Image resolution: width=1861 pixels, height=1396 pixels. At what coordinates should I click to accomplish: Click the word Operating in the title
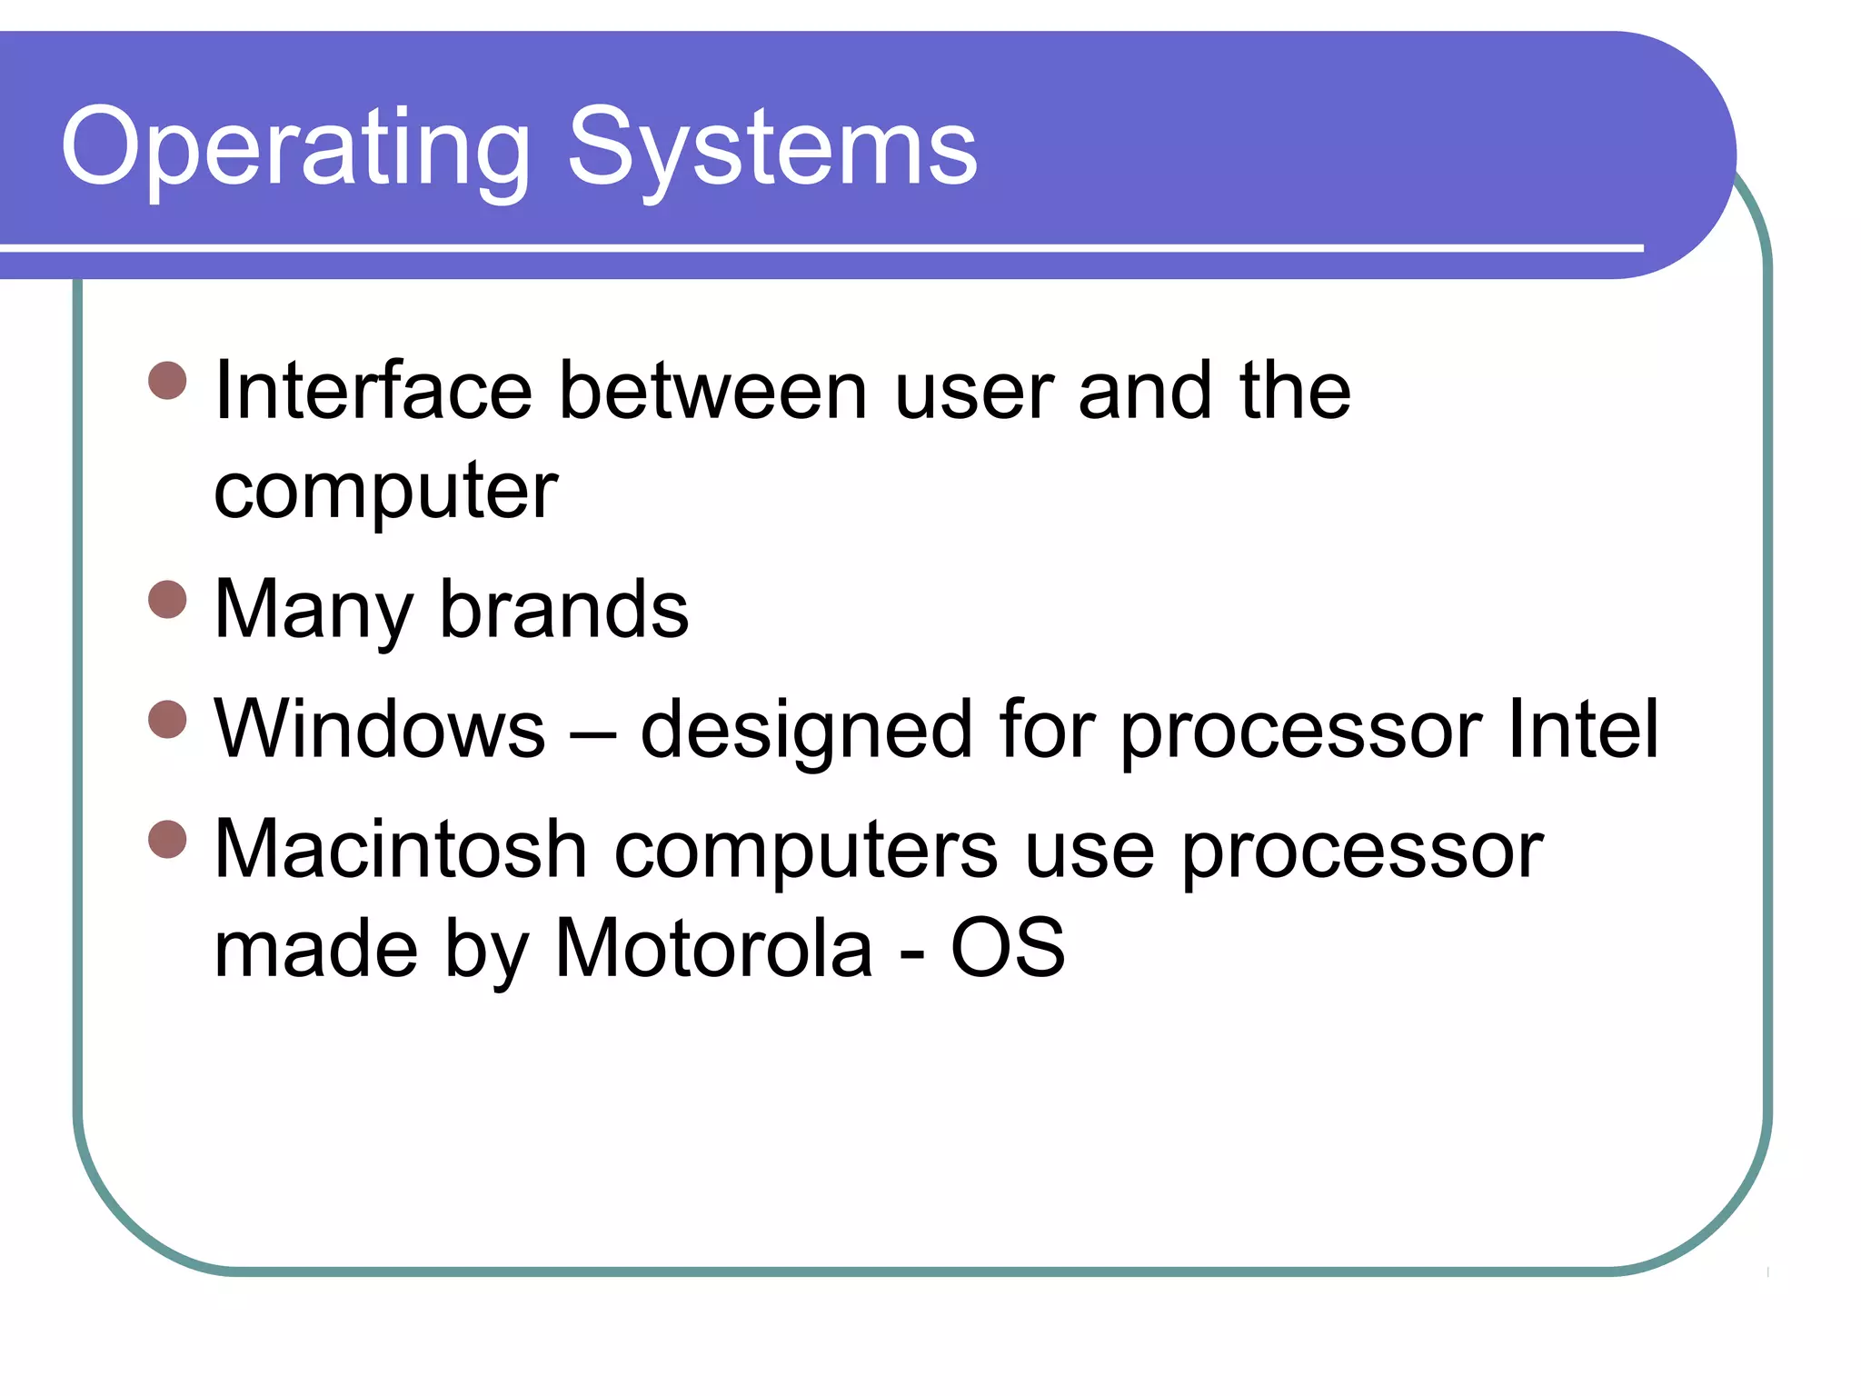pyautogui.click(x=295, y=148)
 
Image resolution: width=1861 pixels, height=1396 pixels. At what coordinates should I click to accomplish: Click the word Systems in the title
pyautogui.click(x=772, y=148)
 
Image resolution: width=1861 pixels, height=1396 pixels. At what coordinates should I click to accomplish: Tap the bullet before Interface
pyautogui.click(x=167, y=381)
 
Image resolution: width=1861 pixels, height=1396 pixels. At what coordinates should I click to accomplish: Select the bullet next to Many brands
pyautogui.click(x=167, y=600)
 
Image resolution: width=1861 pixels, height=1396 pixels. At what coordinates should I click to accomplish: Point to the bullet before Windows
pyautogui.click(x=167, y=720)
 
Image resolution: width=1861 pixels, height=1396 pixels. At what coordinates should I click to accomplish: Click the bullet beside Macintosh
pyautogui.click(x=167, y=839)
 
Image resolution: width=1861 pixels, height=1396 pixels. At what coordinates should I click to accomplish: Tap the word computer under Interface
pyautogui.click(x=385, y=492)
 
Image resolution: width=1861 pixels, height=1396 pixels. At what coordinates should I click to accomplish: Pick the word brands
pyautogui.click(x=564, y=610)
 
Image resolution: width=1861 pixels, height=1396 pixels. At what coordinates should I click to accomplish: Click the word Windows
pyautogui.click(x=380, y=730)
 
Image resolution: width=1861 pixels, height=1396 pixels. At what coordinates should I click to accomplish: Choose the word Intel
pyautogui.click(x=1583, y=730)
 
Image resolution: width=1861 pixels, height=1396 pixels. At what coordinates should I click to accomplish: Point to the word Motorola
pyautogui.click(x=713, y=950)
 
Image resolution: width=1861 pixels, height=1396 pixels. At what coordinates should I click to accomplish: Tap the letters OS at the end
pyautogui.click(x=1008, y=950)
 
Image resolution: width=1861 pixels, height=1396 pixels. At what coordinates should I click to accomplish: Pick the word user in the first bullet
pyautogui.click(x=974, y=394)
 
